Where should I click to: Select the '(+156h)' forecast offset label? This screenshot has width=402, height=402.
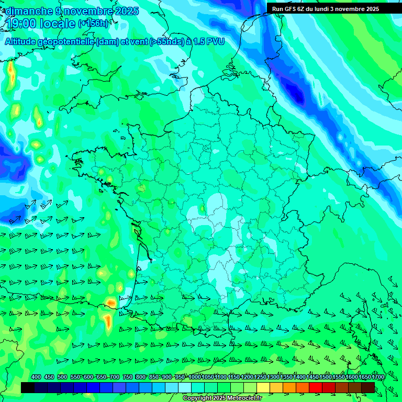pyautogui.click(x=93, y=23)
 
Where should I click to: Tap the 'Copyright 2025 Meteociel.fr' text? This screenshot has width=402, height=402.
pyautogui.click(x=222, y=398)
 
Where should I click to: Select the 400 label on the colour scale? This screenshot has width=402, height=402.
pyautogui.click(x=36, y=377)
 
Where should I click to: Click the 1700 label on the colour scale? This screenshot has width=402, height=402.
pyautogui.click(x=377, y=377)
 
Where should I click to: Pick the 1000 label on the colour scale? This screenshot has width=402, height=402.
pyautogui.click(x=195, y=377)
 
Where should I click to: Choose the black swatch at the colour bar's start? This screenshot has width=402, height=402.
pyautogui.click(x=28, y=387)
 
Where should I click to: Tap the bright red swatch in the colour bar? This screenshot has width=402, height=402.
pyautogui.click(x=316, y=387)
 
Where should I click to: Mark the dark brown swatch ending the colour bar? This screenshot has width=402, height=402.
pyautogui.click(x=368, y=387)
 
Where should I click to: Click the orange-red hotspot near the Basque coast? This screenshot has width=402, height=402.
pyautogui.click(x=111, y=303)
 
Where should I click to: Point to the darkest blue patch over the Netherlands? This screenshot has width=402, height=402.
pyautogui.click(x=297, y=96)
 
